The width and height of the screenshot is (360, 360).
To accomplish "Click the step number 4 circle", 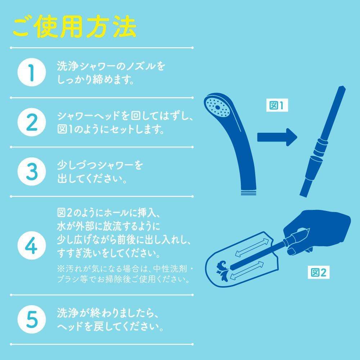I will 32,244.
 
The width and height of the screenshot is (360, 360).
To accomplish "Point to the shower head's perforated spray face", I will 218,106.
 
